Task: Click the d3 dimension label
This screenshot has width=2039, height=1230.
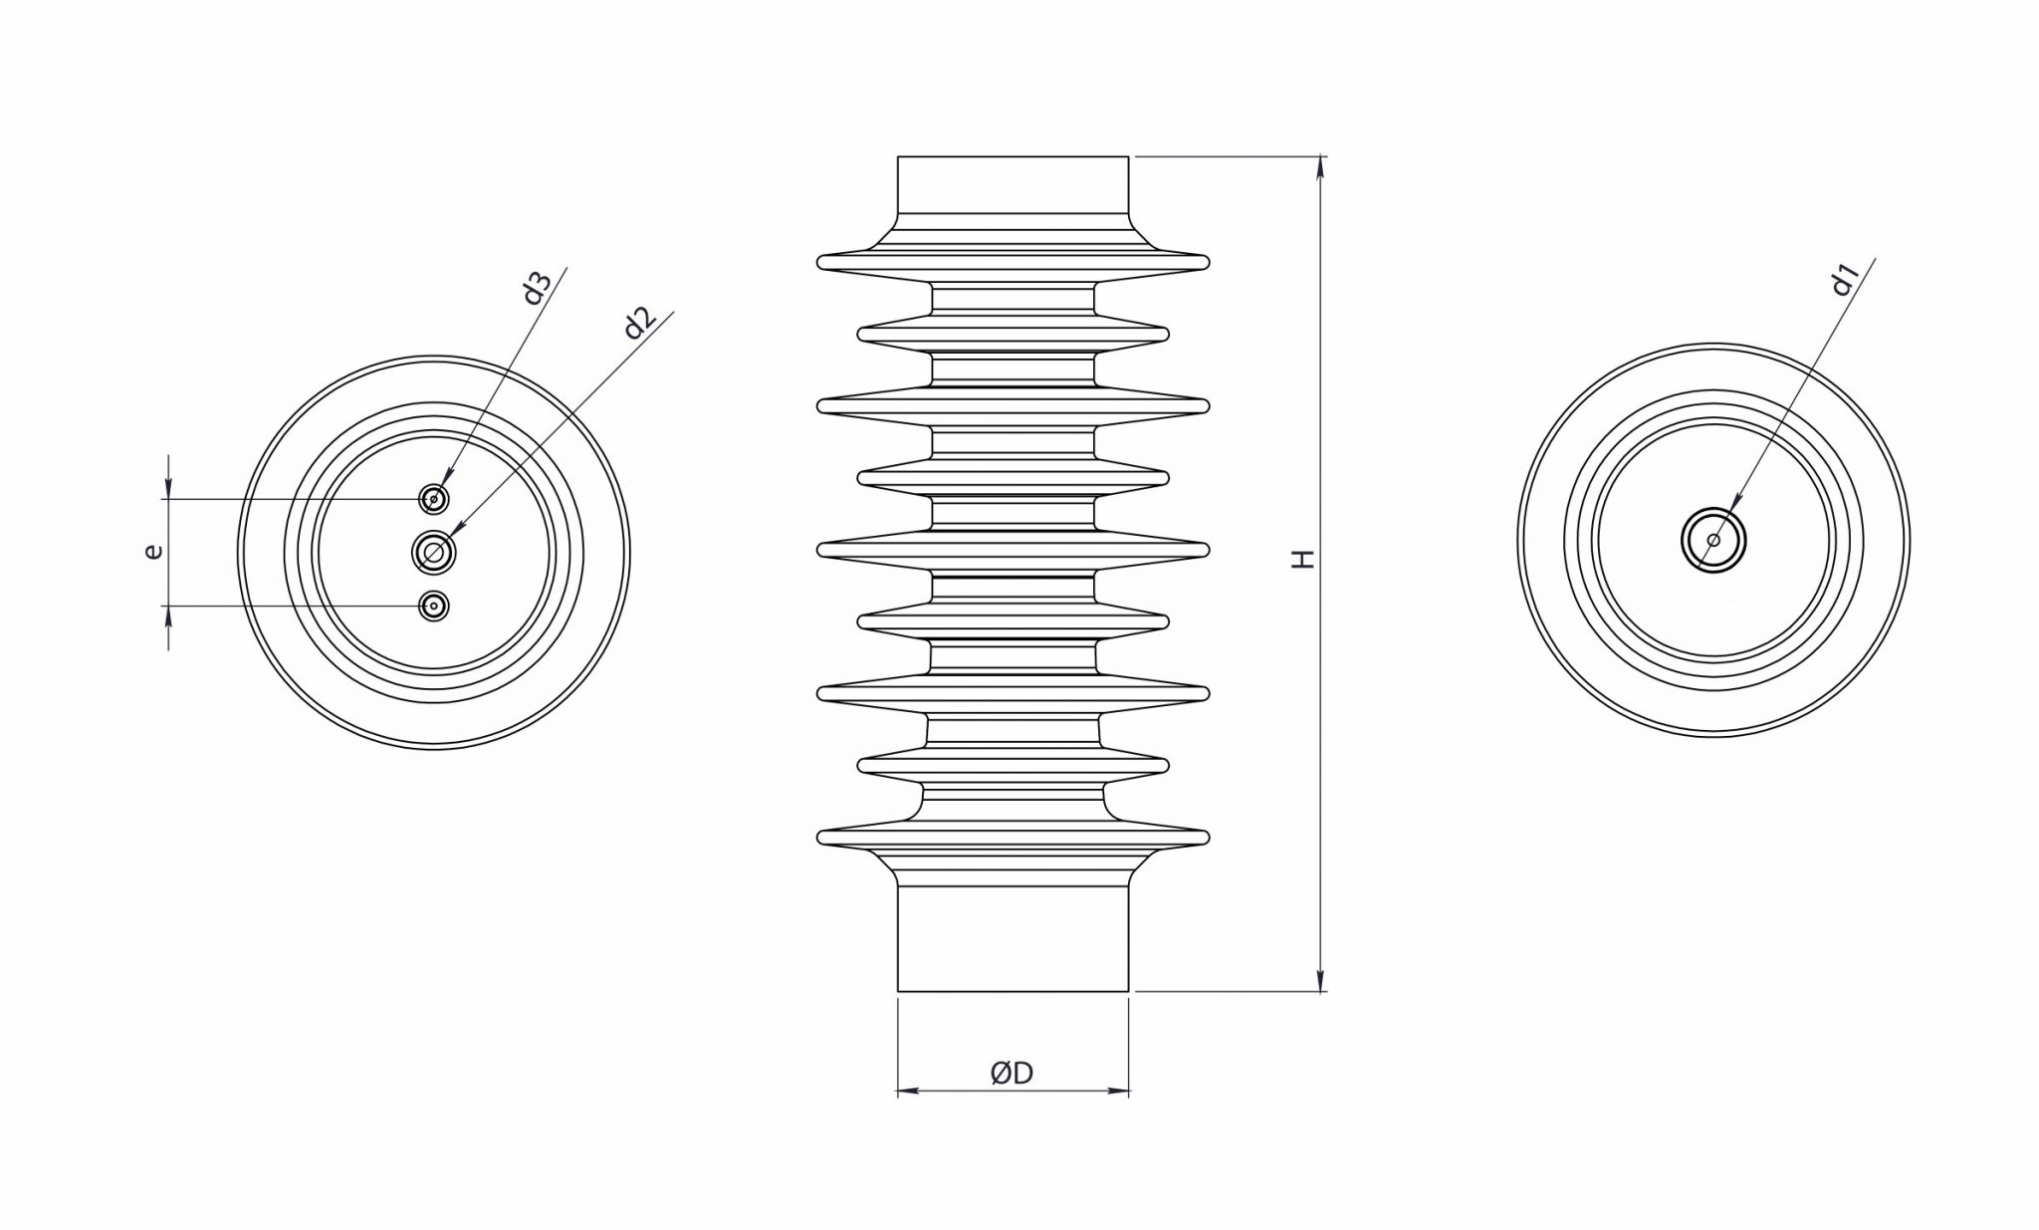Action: [x=537, y=288]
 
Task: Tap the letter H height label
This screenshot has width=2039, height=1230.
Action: [x=1303, y=559]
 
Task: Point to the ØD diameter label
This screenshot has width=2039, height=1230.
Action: [x=1012, y=1073]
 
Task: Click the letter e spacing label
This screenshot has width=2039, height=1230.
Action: [x=152, y=550]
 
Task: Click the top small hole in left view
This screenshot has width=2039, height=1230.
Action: [x=433, y=499]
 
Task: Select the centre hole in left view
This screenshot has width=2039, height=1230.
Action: [x=434, y=552]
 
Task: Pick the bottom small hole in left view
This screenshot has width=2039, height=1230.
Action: [x=433, y=606]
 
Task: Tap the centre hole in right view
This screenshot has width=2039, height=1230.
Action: [x=1713, y=541]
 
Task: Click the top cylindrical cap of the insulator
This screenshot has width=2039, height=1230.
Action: [x=1013, y=185]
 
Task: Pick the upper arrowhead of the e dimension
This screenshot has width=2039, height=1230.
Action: [x=169, y=488]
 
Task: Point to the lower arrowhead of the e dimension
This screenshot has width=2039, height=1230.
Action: [x=169, y=616]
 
